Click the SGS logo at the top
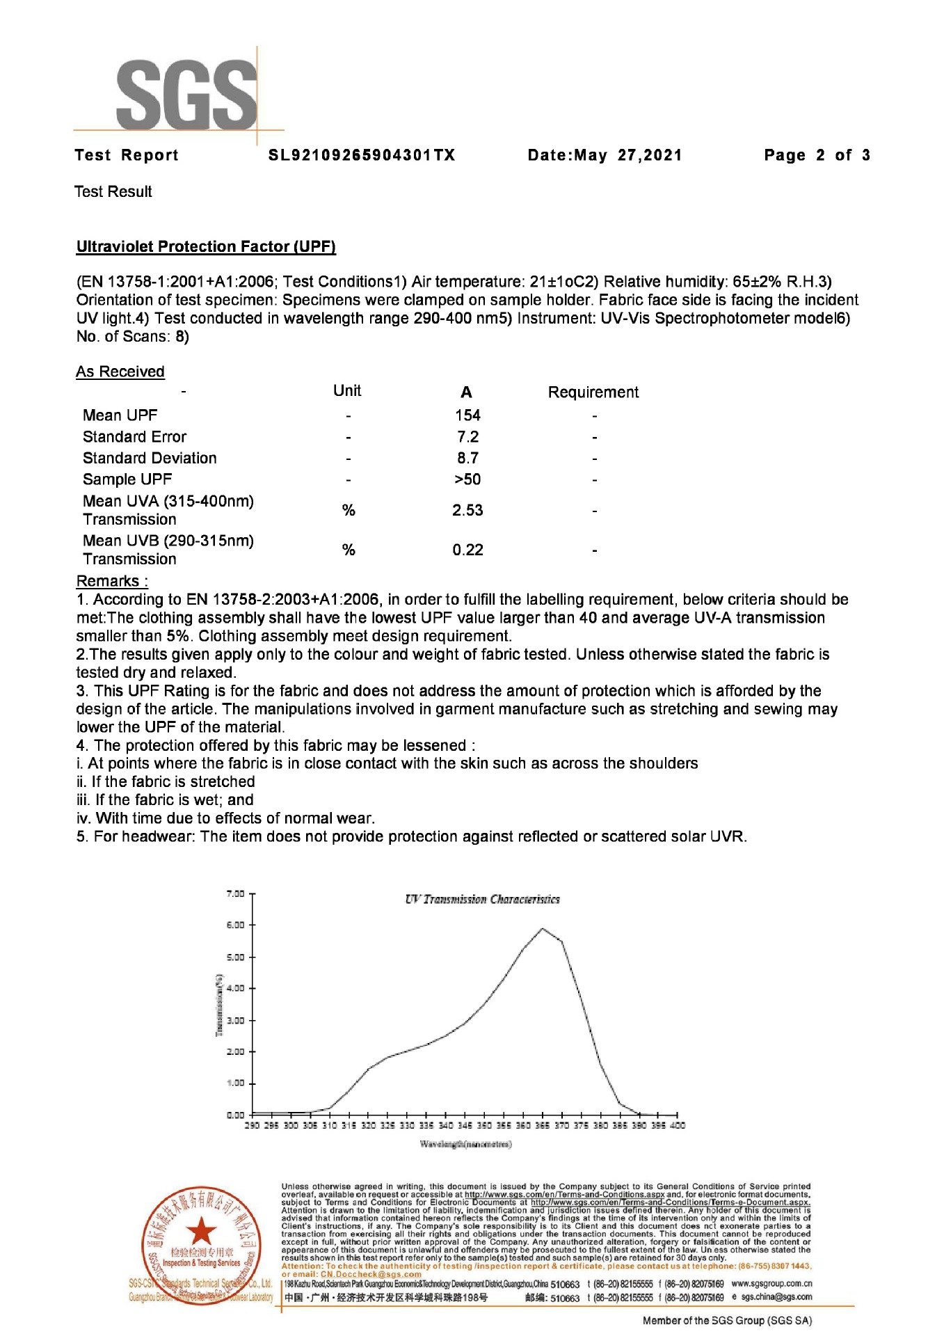pos(186,95)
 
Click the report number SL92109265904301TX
pos(362,155)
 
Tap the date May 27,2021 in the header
pos(605,155)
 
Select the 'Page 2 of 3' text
pos(817,155)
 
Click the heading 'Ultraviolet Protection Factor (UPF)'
pos(206,246)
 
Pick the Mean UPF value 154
pos(467,415)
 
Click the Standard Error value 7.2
pos(467,437)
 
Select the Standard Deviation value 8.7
pos(467,458)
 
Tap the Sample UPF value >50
pos(467,479)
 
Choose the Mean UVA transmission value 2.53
pos(467,510)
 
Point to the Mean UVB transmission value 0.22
pos(467,550)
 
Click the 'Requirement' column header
pos(593,392)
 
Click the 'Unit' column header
pos(347,390)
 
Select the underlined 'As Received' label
pos(120,372)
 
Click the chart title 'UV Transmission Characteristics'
pos(482,899)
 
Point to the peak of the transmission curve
pos(543,928)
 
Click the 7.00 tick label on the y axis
pos(235,893)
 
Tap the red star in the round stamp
pos(202,1231)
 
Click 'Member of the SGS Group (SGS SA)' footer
pos(727,1320)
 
